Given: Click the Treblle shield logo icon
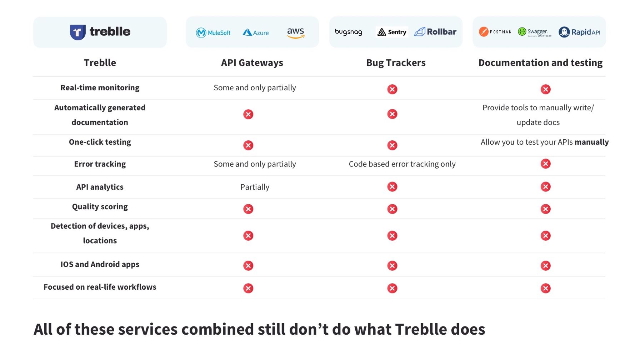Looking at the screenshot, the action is click(x=77, y=32).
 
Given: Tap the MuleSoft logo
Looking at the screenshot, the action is click(x=213, y=33).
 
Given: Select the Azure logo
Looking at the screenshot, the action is click(x=256, y=32).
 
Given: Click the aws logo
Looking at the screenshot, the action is click(x=296, y=33).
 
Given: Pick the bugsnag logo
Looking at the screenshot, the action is click(x=349, y=32).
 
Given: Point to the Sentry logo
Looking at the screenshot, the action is click(x=392, y=32).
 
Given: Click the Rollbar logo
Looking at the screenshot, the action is click(x=435, y=32).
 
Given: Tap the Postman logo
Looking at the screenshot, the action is click(x=495, y=32).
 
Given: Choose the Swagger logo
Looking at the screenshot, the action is click(x=535, y=32).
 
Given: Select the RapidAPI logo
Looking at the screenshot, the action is click(x=579, y=32).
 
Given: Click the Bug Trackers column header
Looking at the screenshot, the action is click(x=396, y=63).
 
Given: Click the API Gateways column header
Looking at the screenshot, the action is click(x=252, y=63).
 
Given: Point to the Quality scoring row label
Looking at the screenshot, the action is click(x=100, y=207).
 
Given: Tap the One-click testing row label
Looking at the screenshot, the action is click(x=100, y=142).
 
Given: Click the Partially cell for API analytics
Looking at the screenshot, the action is click(x=255, y=187).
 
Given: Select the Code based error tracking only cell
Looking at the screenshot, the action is click(x=402, y=164).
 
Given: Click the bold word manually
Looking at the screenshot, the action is click(x=591, y=142).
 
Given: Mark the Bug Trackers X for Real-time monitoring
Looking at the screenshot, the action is click(x=392, y=89).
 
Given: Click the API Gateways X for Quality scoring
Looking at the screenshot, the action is click(x=248, y=209).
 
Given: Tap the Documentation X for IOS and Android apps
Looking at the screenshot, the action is click(x=545, y=266).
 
